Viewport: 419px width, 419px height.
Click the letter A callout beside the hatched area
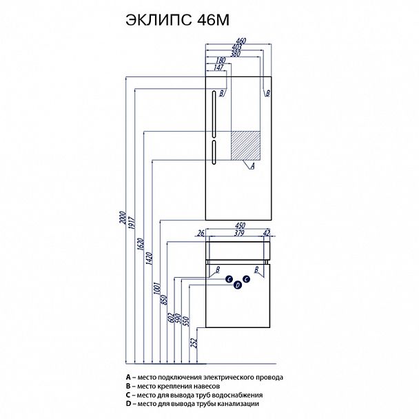tap(253, 166)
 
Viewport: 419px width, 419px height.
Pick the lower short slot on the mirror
tap(214, 152)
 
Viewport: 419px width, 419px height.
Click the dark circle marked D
tap(237, 285)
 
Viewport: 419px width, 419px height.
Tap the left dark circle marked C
tap(228, 279)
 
